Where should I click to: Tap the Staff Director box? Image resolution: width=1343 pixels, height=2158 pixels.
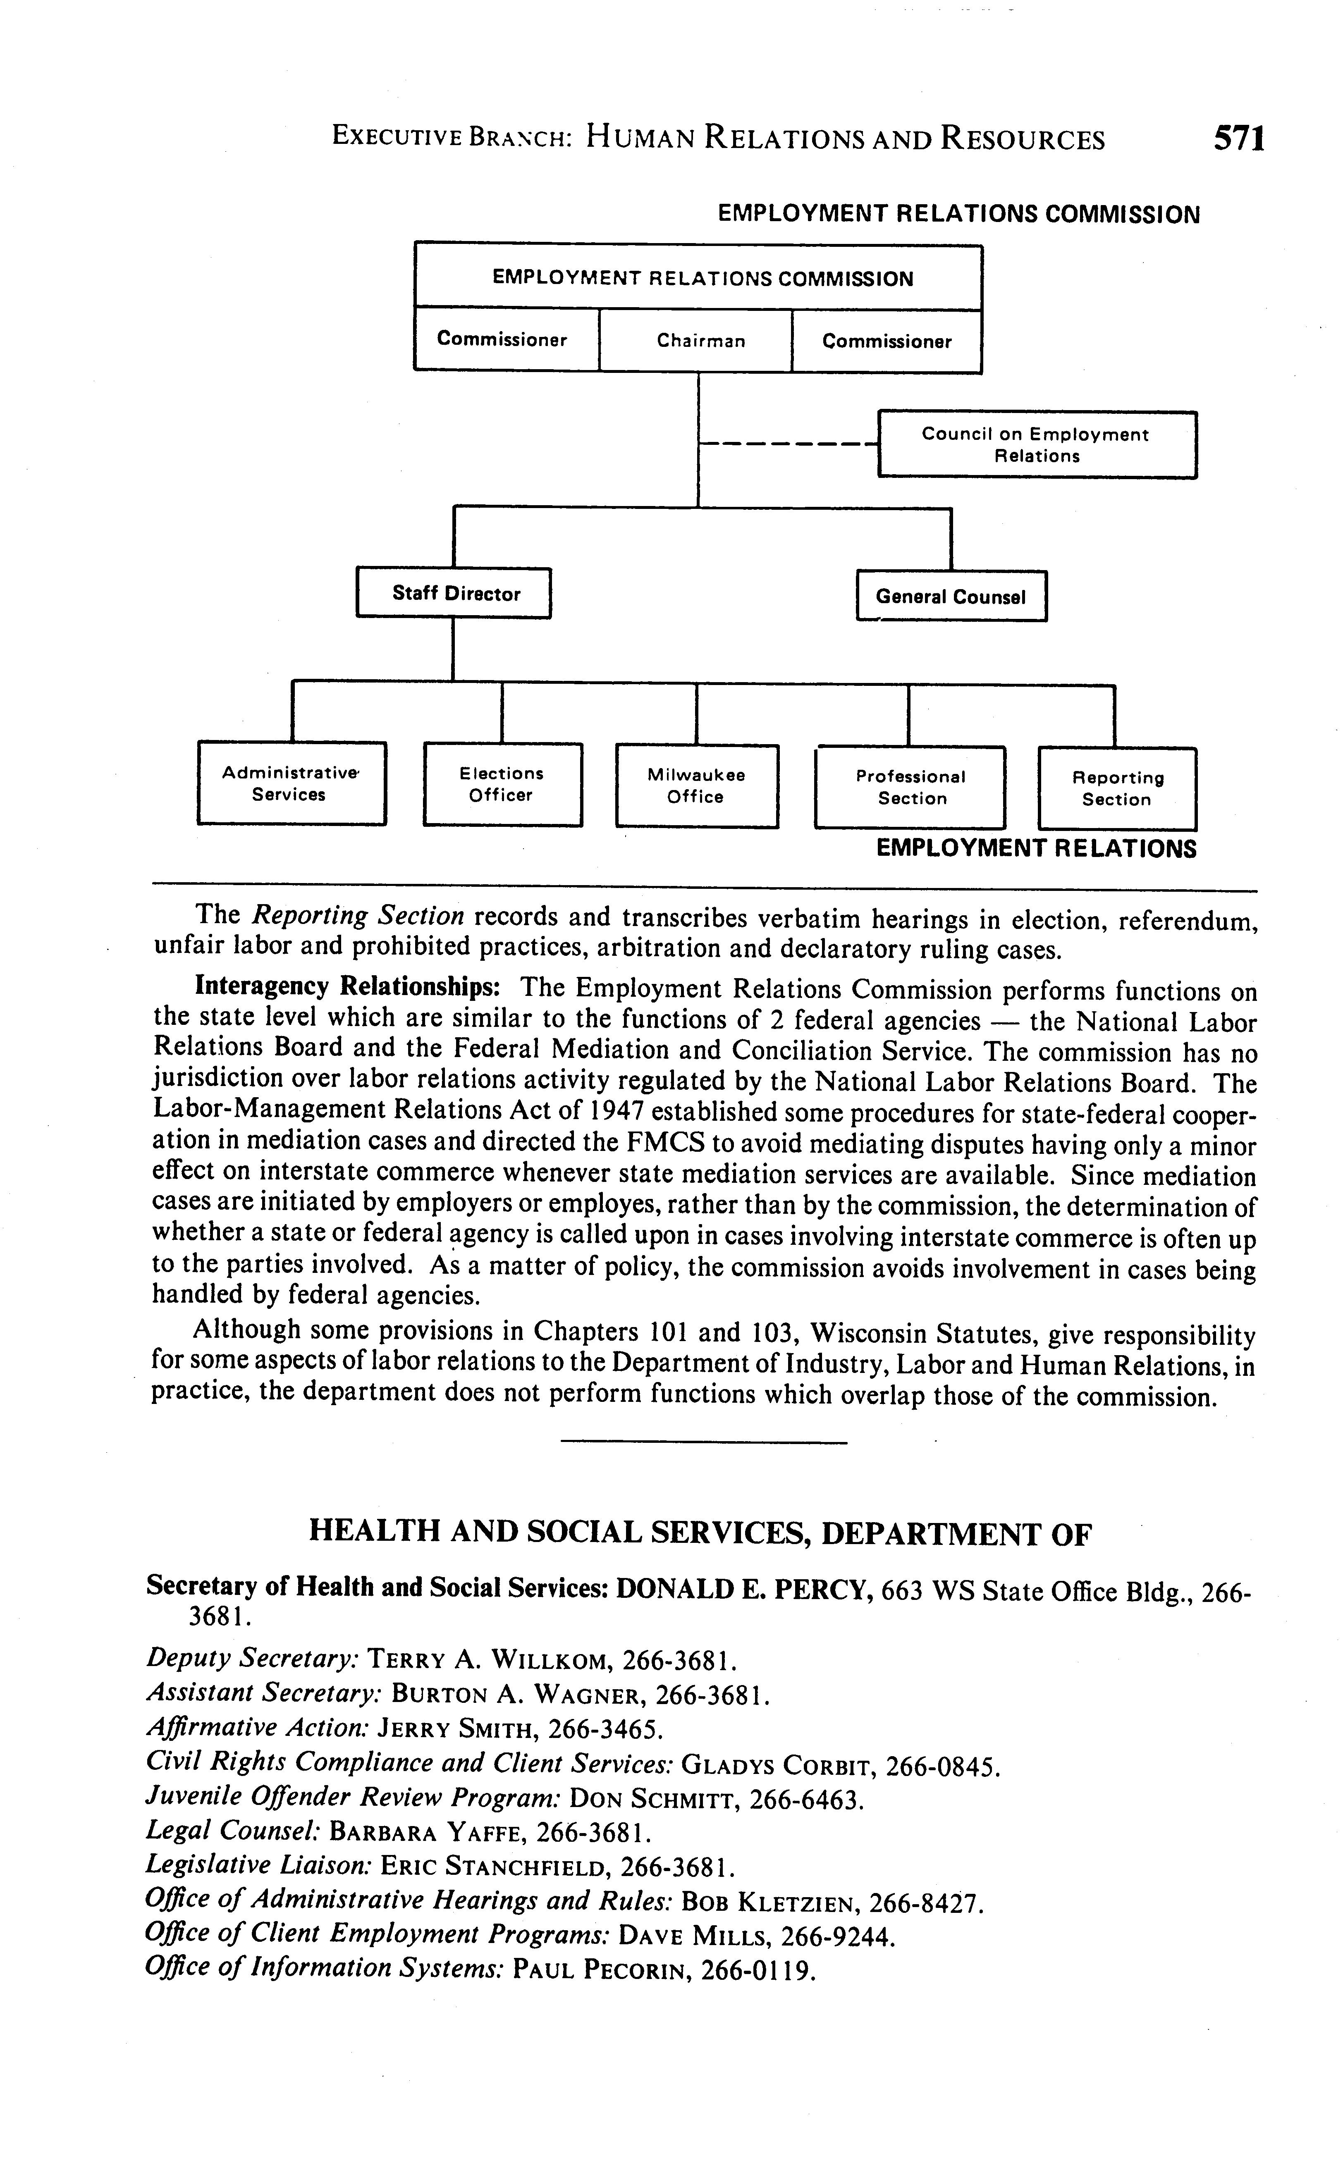[x=454, y=593]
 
